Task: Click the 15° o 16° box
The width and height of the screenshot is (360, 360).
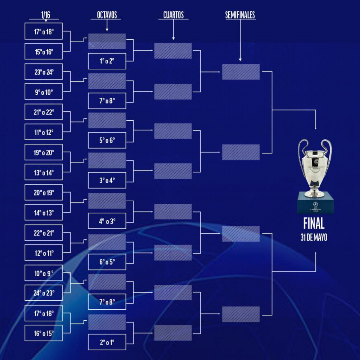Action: pos(43,52)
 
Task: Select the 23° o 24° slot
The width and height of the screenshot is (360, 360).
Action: pos(43,72)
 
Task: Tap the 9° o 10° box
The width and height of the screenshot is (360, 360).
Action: pos(43,92)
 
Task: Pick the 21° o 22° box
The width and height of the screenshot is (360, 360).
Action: pos(43,112)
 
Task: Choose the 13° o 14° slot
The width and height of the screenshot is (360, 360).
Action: pos(43,172)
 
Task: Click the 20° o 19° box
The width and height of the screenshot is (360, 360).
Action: pos(43,193)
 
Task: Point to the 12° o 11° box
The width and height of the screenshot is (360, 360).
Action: pos(43,253)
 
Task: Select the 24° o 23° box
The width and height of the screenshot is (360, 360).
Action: pos(43,293)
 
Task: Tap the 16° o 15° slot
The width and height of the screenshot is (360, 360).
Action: pos(43,333)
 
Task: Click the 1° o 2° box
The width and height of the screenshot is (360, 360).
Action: pos(107,61)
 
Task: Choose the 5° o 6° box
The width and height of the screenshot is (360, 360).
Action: pos(107,140)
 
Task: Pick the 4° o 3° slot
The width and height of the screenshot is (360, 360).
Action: pos(107,221)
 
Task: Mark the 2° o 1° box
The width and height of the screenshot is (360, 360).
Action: pos(107,342)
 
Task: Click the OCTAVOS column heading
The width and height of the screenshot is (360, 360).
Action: pos(107,15)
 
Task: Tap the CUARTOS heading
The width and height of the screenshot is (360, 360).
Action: pos(173,15)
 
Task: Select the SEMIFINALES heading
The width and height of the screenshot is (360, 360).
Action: pos(240,15)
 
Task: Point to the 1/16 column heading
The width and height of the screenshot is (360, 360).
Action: pos(46,15)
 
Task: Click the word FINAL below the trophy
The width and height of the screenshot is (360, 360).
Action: pos(314,223)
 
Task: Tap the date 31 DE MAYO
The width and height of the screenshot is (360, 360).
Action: pos(314,238)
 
